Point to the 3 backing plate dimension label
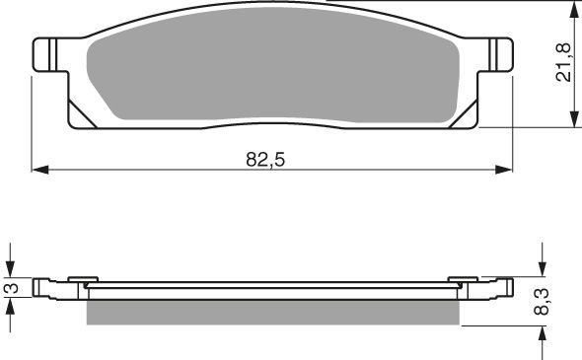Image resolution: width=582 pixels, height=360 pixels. click(11, 289)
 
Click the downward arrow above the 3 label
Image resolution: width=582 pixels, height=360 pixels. click(11, 268)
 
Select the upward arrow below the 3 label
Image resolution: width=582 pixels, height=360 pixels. click(11, 307)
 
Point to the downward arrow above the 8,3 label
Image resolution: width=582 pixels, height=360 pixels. click(542, 269)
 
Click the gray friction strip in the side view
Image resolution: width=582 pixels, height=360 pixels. click(273, 312)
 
